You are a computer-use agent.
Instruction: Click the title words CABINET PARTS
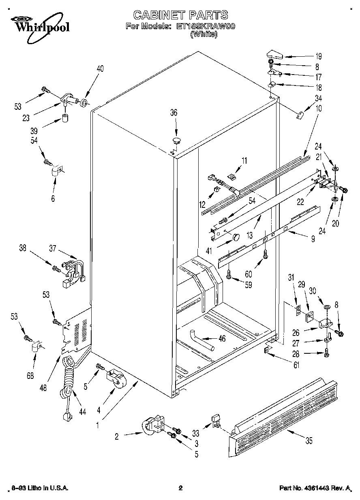[180, 15]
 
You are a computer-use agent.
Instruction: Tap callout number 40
[100, 68]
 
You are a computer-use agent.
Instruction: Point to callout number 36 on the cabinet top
[174, 113]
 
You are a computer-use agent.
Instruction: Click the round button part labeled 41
[236, 237]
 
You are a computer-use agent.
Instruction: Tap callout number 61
[297, 365]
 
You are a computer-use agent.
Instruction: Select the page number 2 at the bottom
[180, 488]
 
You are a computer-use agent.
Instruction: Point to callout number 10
[319, 109]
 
